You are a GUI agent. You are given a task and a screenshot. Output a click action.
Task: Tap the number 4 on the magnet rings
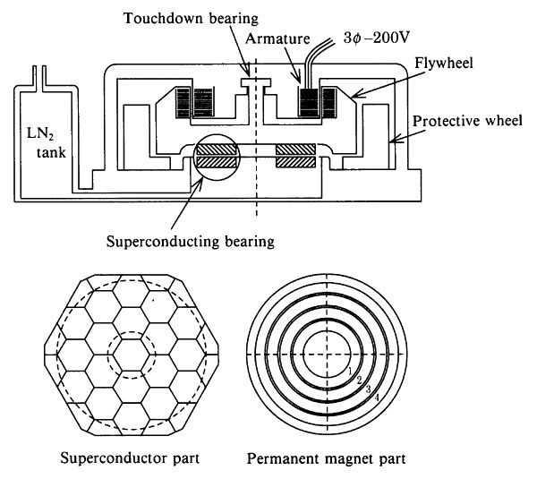378,396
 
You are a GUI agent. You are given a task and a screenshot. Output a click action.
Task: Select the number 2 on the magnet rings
360,381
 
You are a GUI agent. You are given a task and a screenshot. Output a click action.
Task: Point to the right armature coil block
310,100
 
